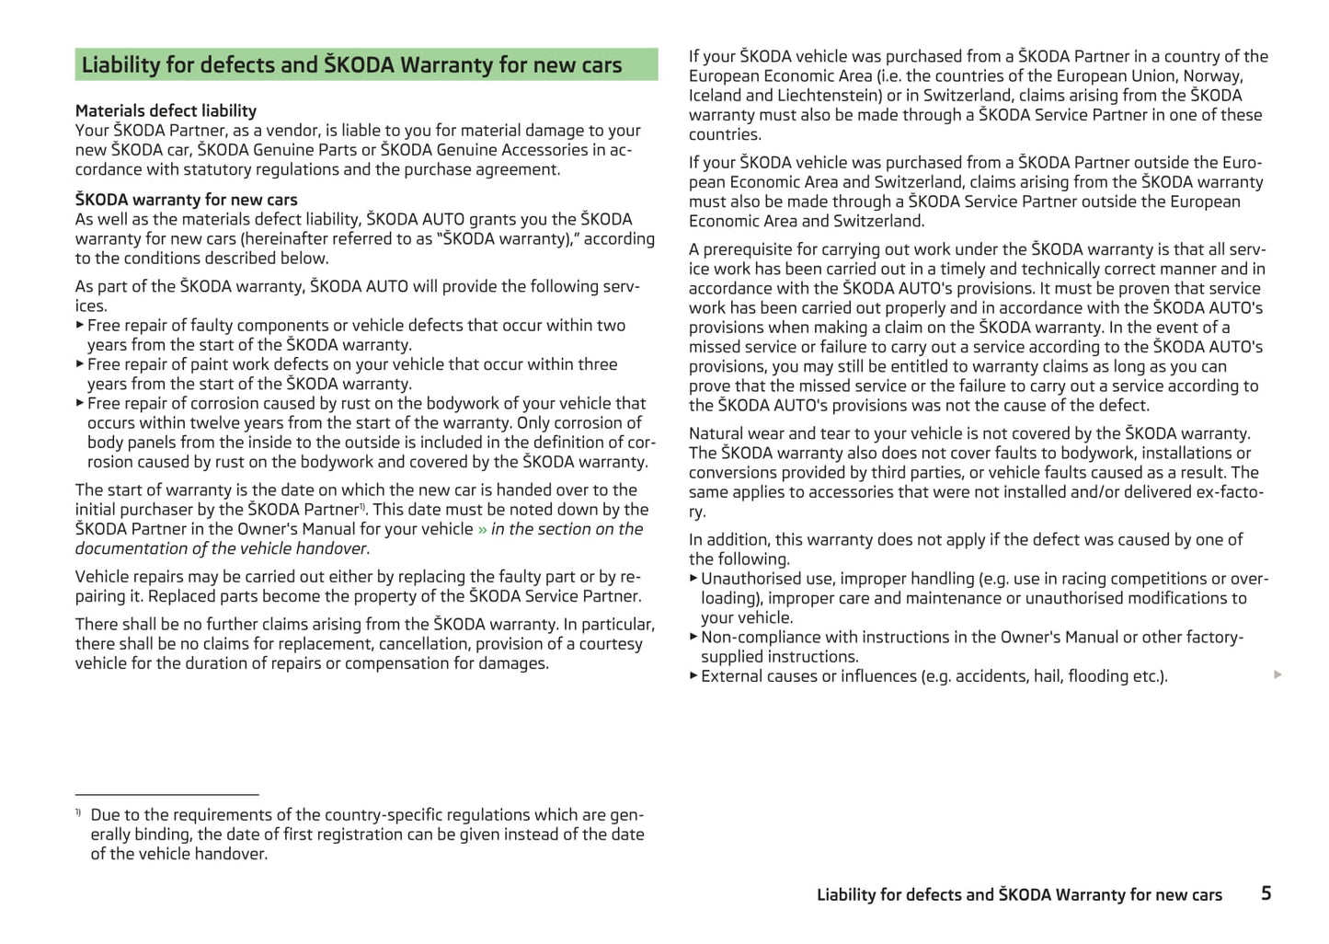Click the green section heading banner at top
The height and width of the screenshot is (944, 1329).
coord(366,64)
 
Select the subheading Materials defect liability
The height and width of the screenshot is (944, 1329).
coord(166,110)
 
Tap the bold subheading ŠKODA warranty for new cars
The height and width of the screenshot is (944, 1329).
coord(186,200)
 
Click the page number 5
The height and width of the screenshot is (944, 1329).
coord(1266,892)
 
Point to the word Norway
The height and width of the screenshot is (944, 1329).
coord(1212,76)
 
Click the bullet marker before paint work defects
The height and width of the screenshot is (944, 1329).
coord(80,363)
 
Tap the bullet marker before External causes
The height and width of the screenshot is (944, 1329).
coord(693,675)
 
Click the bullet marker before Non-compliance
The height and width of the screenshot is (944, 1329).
coord(693,636)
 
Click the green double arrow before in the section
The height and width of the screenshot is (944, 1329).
coord(482,529)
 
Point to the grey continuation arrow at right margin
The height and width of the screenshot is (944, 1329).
coord(1277,674)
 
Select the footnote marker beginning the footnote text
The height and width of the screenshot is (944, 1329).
coord(79,812)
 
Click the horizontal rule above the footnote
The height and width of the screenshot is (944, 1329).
coord(166,794)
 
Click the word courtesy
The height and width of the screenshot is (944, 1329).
coord(608,644)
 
